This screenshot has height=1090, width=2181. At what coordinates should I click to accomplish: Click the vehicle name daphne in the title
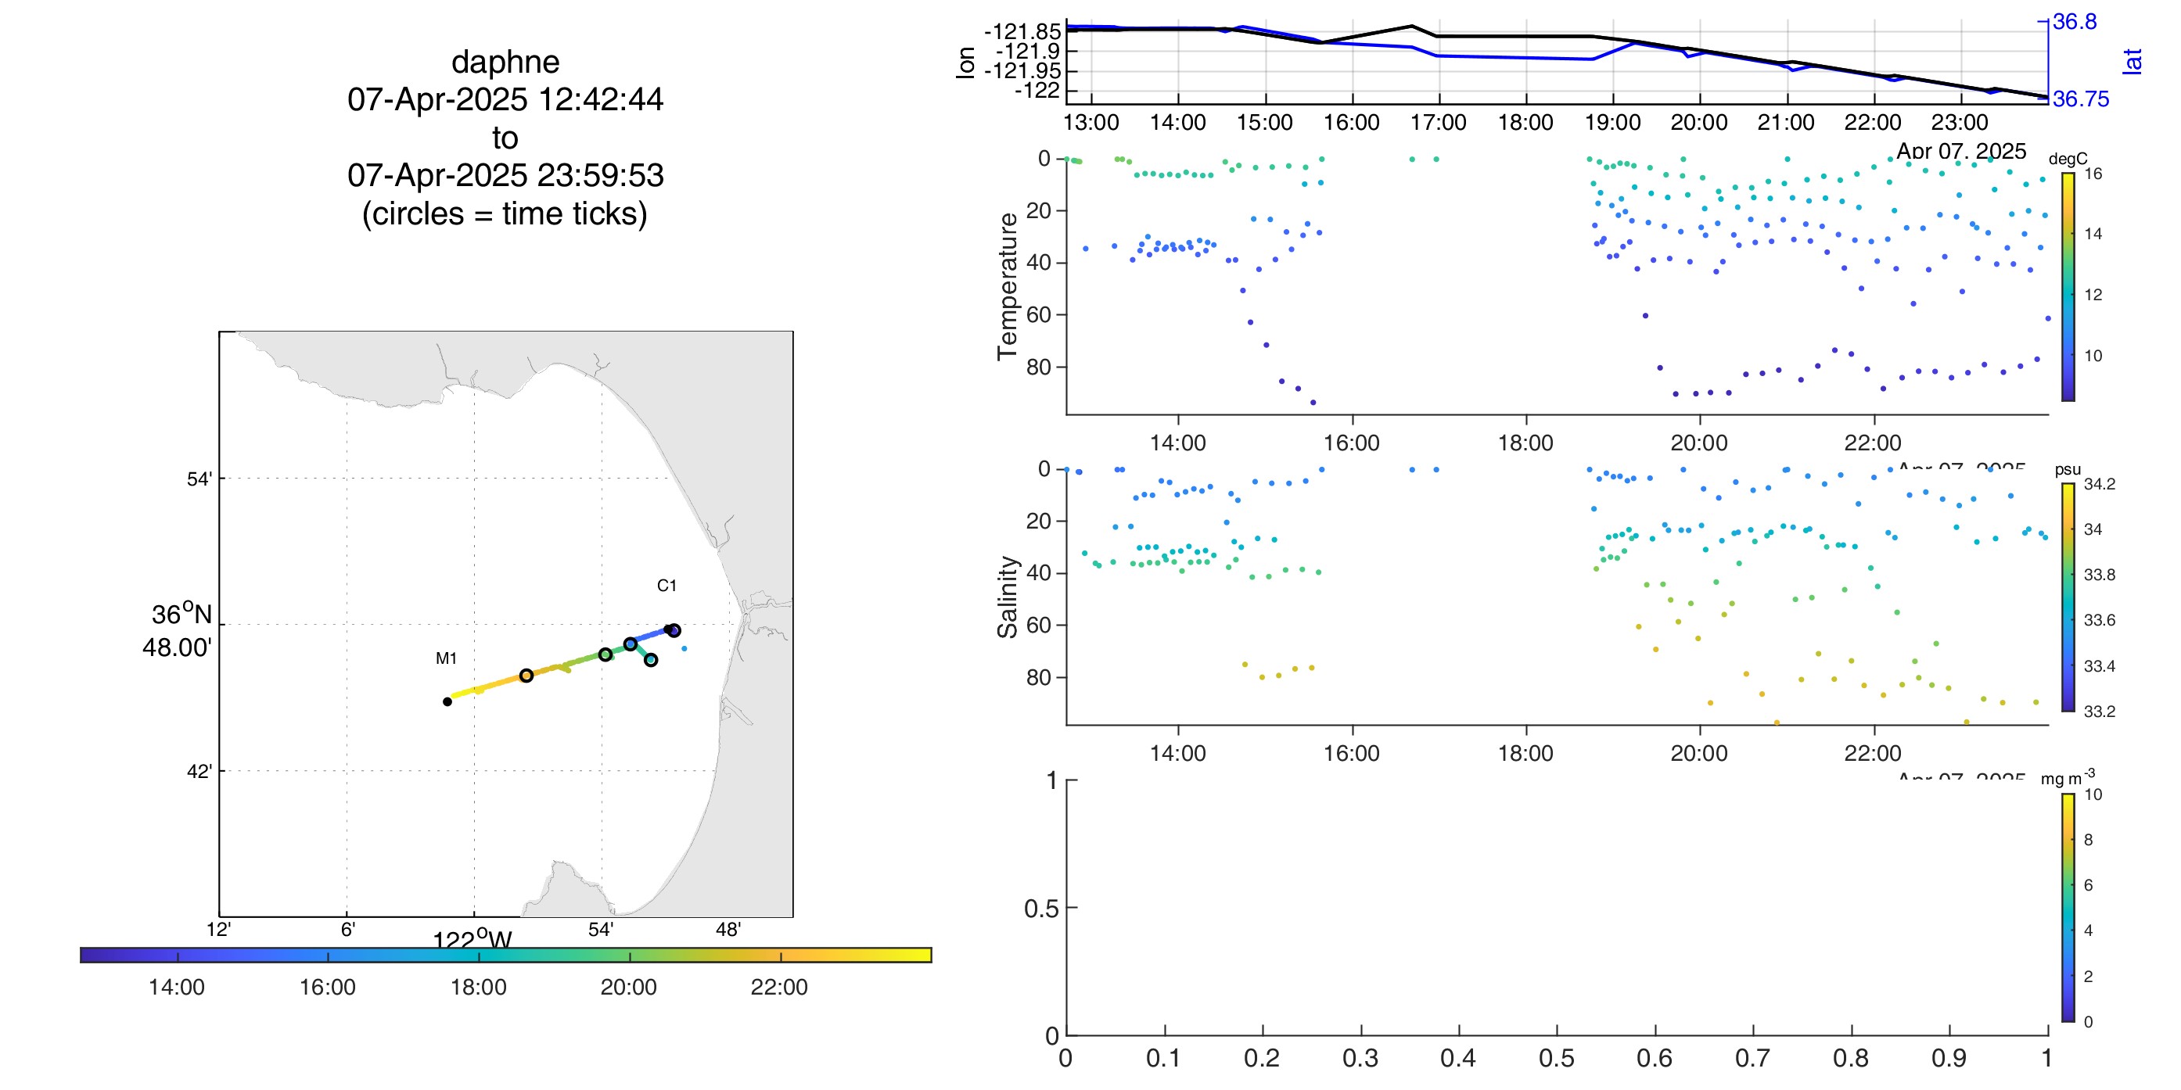tap(505, 62)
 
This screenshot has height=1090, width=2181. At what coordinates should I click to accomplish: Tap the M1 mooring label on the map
tap(446, 658)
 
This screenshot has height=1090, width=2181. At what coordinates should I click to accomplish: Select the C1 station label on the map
tap(667, 586)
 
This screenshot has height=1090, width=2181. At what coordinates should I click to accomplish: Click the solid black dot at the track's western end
tap(447, 701)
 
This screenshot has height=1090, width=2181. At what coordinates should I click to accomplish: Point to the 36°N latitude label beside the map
tap(181, 615)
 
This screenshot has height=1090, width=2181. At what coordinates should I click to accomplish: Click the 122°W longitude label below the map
tap(472, 939)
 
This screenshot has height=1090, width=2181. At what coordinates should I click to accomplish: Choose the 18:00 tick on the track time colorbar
tap(478, 987)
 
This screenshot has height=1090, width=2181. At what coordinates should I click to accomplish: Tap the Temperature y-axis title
tap(1007, 286)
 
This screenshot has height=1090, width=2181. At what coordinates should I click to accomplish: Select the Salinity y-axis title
tap(1007, 597)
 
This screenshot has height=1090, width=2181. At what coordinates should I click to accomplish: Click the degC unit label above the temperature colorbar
tap(2068, 158)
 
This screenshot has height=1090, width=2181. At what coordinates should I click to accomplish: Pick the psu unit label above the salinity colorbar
tap(2068, 469)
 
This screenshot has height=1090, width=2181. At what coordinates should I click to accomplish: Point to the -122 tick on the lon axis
tap(1037, 91)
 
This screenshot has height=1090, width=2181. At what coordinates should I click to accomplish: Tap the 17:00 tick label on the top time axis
tap(1438, 123)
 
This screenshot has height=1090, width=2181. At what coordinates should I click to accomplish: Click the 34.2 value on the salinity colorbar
tap(2099, 484)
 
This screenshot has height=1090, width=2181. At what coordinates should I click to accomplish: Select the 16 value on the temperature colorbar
tap(2093, 174)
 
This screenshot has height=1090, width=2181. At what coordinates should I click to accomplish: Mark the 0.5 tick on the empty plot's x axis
tap(1556, 1058)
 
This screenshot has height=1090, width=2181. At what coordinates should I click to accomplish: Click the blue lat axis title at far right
tap(2132, 61)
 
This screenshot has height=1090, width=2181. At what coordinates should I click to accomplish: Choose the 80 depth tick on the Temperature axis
tap(1038, 368)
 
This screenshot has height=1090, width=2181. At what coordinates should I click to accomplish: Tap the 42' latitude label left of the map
tap(199, 771)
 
